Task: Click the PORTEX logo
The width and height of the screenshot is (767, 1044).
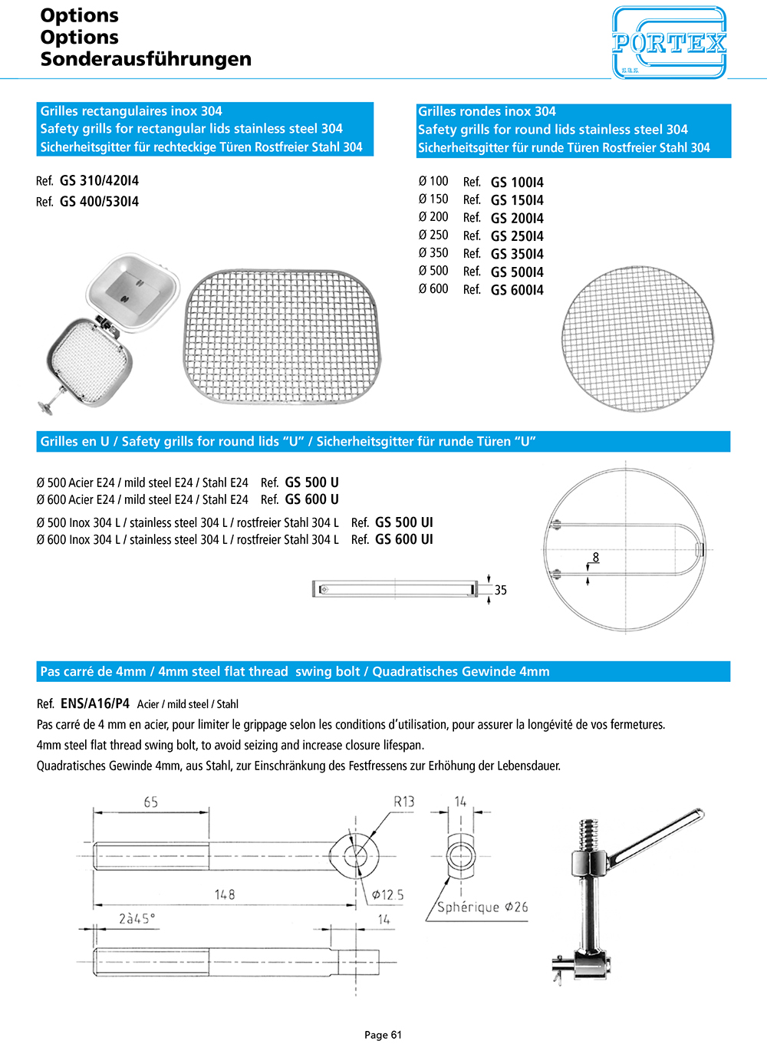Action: (669, 42)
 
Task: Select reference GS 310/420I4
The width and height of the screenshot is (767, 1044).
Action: (99, 181)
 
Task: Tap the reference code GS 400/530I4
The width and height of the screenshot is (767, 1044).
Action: (99, 202)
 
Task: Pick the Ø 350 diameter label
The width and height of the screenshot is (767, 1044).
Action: (433, 253)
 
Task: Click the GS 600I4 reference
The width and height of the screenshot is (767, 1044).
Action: (517, 290)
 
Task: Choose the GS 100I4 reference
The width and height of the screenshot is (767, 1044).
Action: (517, 183)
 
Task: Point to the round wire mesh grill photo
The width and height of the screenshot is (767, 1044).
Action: (637, 339)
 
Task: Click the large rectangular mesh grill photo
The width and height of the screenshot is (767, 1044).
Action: (281, 336)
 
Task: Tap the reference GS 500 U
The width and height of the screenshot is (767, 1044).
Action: (311, 482)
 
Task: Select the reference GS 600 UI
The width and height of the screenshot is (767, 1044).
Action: (403, 539)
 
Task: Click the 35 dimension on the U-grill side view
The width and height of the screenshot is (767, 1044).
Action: (500, 590)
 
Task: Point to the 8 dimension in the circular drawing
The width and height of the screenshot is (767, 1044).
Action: (595, 558)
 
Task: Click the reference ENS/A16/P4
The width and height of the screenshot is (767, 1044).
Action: (94, 703)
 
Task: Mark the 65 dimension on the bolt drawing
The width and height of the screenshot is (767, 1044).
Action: (151, 802)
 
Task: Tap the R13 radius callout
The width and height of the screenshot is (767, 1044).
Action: (403, 802)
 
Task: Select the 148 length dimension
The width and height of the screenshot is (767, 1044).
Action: (225, 894)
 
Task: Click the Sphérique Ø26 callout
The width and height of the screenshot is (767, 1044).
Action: (482, 907)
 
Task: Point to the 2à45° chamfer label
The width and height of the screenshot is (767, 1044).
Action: (137, 918)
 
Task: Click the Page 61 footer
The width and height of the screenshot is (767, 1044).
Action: (383, 1035)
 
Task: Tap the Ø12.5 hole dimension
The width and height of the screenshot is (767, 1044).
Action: (387, 894)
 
